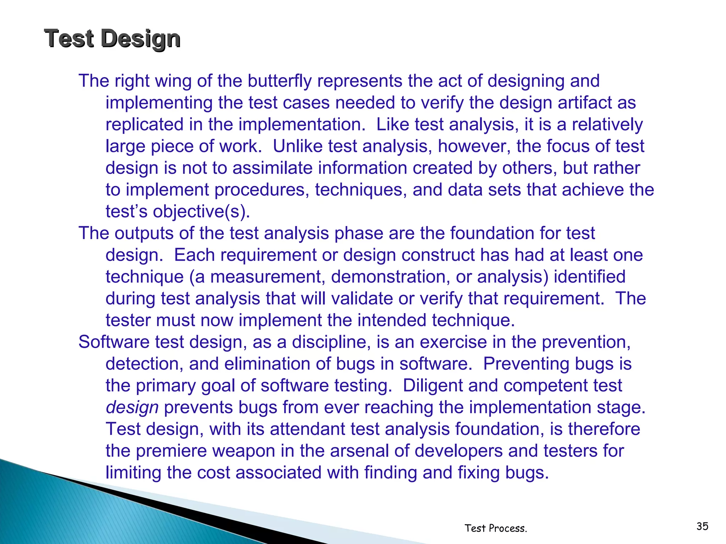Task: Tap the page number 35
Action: point(702,526)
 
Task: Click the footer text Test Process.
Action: point(496,528)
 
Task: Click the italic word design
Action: point(132,407)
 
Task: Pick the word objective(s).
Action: point(201,211)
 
